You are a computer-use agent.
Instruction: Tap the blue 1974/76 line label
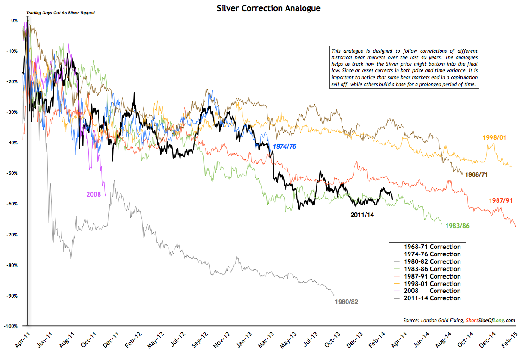click(285, 147)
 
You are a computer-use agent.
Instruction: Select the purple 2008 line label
click(94, 194)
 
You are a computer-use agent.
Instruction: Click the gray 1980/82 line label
click(346, 302)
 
